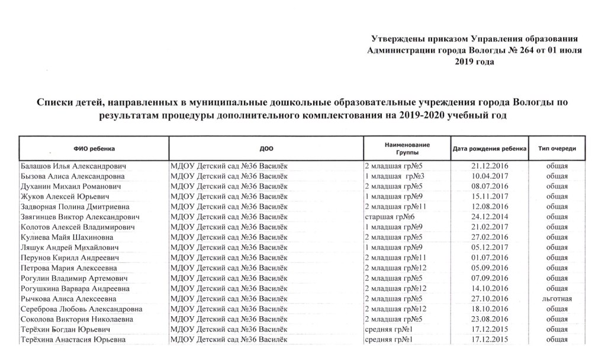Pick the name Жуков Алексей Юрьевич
tap(65, 196)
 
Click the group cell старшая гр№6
tap(388, 217)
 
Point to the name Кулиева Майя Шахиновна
tap(69, 237)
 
